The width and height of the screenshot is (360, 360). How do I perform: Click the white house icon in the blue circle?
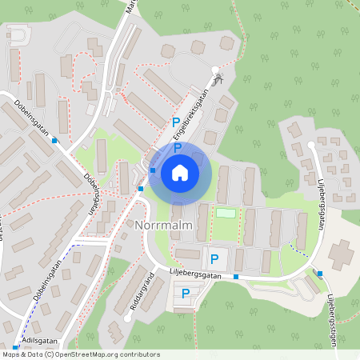[x=180, y=173]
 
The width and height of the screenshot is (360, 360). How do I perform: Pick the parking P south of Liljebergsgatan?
[x=186, y=294]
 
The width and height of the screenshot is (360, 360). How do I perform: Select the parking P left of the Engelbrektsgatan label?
[x=175, y=122]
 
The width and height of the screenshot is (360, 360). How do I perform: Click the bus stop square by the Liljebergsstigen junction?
[x=319, y=274]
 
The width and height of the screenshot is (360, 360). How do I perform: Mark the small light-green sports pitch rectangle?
[x=227, y=213]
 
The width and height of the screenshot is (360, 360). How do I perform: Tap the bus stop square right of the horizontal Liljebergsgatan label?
[x=236, y=277]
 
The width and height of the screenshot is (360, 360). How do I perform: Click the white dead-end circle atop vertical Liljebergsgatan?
[x=311, y=145]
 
